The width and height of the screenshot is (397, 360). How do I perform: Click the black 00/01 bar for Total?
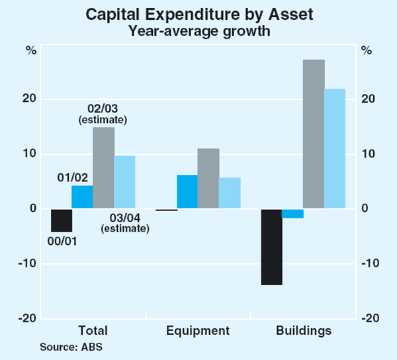pyautogui.click(x=61, y=220)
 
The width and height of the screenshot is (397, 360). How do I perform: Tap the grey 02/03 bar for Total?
pyautogui.click(x=103, y=168)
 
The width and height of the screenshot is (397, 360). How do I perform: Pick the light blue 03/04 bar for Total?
pyautogui.click(x=124, y=183)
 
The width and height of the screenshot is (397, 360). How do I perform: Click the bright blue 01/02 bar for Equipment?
pyautogui.click(x=187, y=192)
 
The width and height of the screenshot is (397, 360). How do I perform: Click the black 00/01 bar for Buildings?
pyautogui.click(x=271, y=247)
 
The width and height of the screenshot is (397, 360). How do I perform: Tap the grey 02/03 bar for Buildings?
pyautogui.click(x=314, y=134)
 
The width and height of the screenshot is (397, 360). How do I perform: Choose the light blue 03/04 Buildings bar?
pyautogui.click(x=335, y=149)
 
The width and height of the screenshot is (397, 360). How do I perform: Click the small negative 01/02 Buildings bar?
pyautogui.click(x=292, y=214)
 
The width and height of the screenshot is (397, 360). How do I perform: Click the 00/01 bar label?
pyautogui.click(x=62, y=240)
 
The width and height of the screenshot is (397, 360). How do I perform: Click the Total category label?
pyautogui.click(x=93, y=330)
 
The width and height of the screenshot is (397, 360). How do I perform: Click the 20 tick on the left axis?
pyautogui.click(x=30, y=99)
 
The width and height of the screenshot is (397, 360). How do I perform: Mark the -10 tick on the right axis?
pyautogui.click(x=369, y=264)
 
